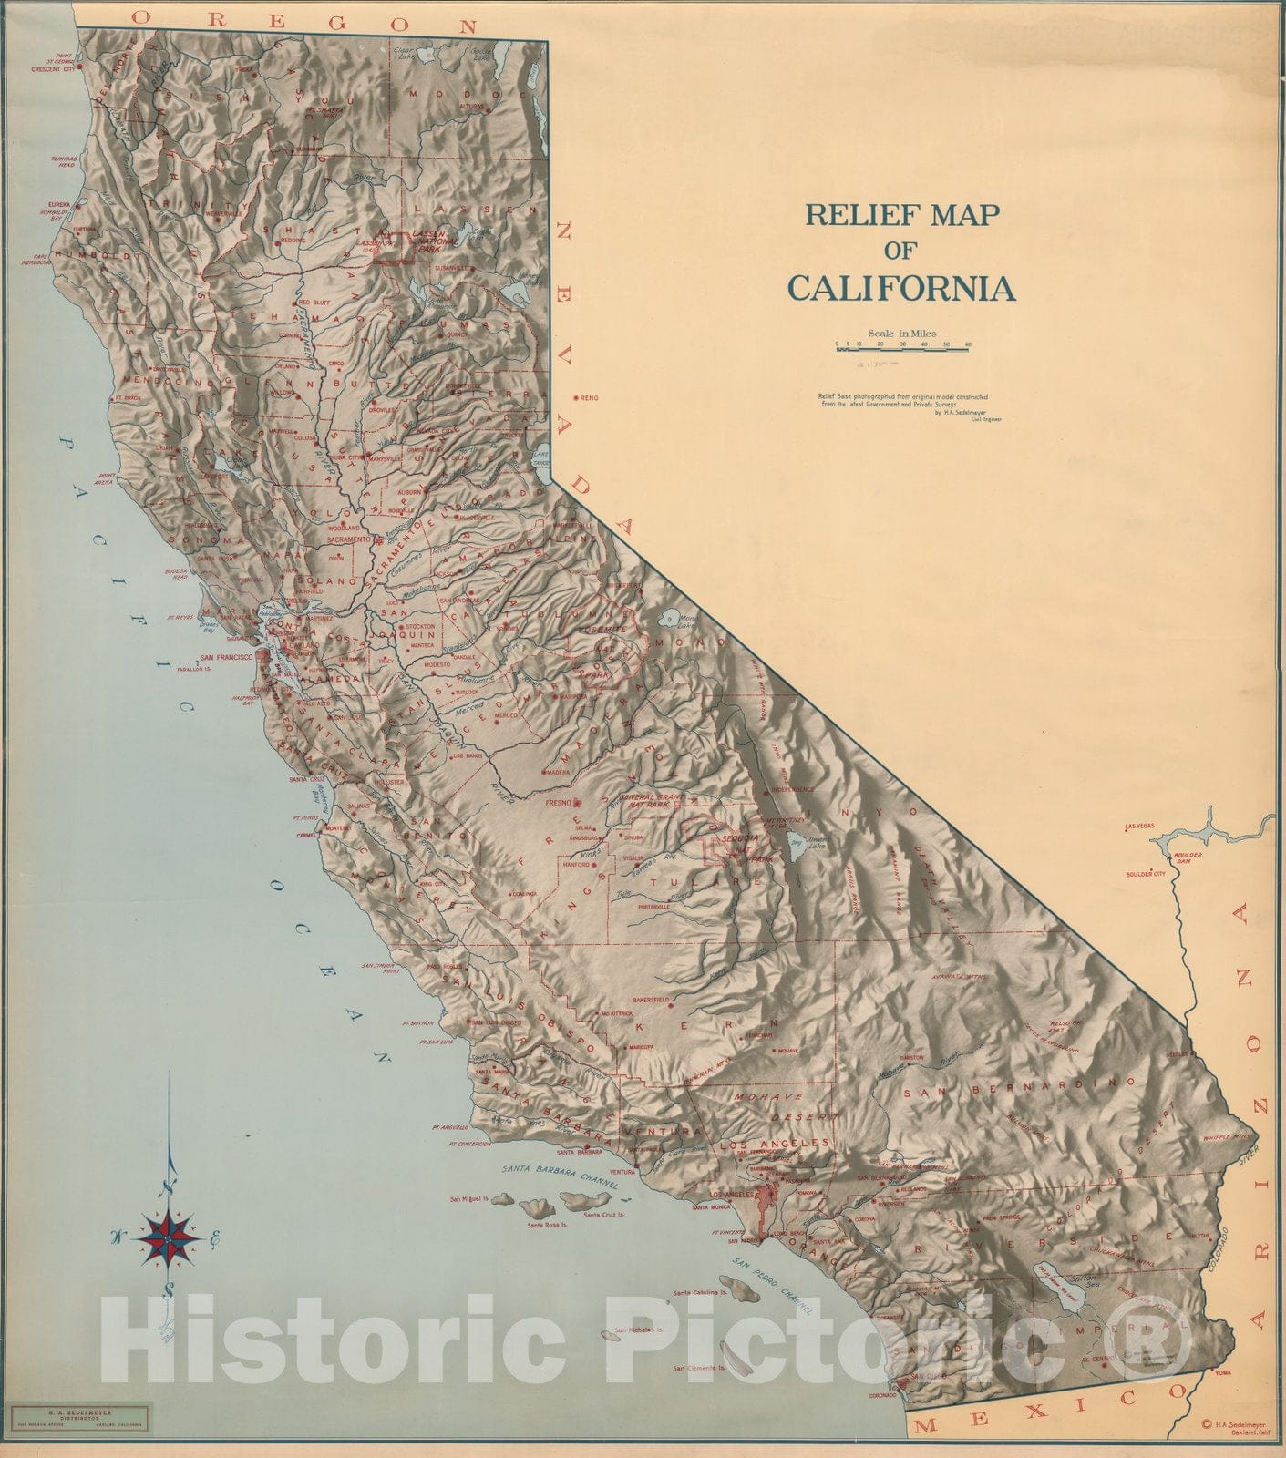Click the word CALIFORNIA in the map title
coord(900,288)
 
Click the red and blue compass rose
coord(170,1238)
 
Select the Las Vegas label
coord(1140,826)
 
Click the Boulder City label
coord(1146,874)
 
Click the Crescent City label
coord(51,68)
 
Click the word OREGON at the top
coord(303,20)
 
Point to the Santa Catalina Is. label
coord(699,1292)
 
